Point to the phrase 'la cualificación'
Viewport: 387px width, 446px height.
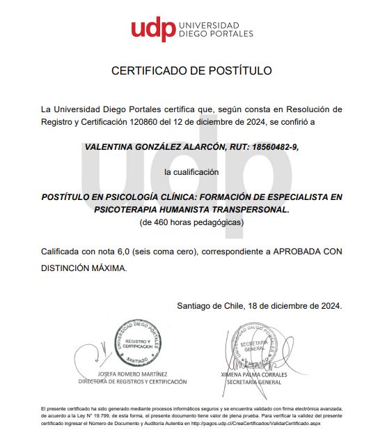click(x=191, y=171)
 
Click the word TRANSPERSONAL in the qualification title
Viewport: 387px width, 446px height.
click(x=248, y=208)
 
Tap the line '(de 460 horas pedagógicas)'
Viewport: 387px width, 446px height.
click(x=191, y=222)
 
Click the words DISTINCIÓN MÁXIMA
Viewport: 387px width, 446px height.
click(x=84, y=268)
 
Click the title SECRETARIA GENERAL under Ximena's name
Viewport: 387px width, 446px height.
click(x=251, y=382)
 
